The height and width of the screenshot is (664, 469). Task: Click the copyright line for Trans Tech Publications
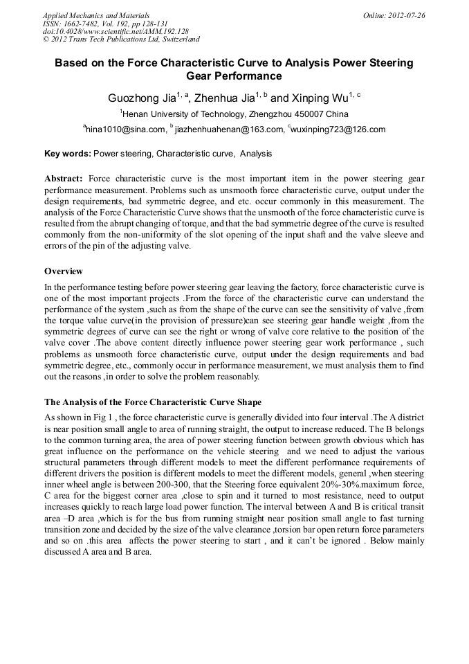point(121,39)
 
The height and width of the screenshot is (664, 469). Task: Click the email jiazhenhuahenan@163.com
point(229,129)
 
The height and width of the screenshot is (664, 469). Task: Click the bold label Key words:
point(67,154)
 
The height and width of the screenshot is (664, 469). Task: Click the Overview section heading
point(64,271)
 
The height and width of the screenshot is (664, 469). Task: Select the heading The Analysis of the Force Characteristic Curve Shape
point(153,402)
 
